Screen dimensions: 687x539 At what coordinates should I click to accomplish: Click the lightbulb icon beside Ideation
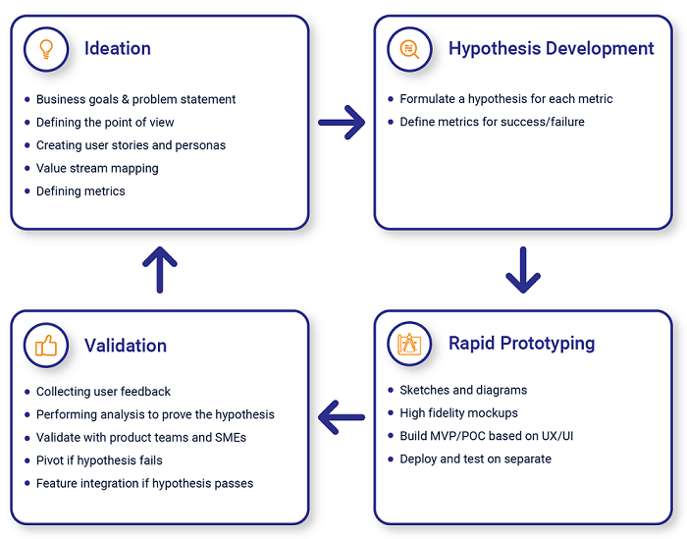coord(46,49)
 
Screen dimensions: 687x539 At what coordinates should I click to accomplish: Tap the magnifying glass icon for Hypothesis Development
coord(409,49)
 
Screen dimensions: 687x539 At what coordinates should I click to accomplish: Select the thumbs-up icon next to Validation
coord(46,346)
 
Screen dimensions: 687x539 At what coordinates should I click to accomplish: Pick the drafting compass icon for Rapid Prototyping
coord(409,344)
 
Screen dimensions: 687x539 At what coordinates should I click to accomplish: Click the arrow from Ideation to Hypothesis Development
coord(342,123)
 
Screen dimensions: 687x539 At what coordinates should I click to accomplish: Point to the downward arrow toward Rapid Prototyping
coord(523,269)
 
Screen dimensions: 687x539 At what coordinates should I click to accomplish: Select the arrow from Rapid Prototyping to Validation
coord(342,417)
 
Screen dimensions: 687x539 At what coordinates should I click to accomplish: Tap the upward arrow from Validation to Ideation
coord(160,269)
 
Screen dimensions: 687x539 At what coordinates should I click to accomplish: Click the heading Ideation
coord(118,48)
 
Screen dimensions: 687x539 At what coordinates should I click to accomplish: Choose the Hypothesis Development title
coord(552,49)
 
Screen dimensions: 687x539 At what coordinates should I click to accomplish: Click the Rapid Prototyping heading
coord(521,344)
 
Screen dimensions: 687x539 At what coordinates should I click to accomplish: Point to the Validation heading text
coord(126,346)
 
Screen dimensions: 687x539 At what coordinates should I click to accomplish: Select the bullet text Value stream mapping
coord(97,169)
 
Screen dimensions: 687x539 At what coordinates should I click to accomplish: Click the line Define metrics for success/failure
coord(492,122)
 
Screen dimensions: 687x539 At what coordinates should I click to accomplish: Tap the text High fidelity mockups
coord(458,413)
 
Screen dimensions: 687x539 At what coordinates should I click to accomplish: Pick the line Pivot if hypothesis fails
coord(99,460)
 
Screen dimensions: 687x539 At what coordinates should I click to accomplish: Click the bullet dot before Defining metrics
coord(27,191)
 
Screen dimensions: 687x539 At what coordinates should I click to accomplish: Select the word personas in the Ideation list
coord(200,146)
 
